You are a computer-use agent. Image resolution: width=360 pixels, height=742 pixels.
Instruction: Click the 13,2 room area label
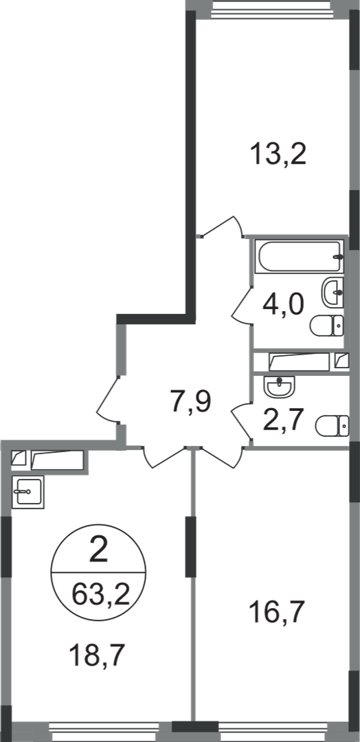click(279, 155)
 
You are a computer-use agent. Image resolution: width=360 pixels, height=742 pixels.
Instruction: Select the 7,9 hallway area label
click(191, 402)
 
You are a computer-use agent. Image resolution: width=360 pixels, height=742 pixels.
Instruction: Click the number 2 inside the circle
click(98, 552)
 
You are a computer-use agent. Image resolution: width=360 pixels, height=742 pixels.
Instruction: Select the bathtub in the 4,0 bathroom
click(300, 256)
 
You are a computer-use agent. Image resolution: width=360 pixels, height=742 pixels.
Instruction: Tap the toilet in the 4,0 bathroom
click(327, 326)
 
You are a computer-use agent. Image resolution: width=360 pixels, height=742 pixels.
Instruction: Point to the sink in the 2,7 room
click(279, 387)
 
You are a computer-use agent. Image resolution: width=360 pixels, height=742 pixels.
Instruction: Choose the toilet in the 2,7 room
click(332, 425)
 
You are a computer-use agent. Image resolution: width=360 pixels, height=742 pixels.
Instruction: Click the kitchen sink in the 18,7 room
click(28, 492)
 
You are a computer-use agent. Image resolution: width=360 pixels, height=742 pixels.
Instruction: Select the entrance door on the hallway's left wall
click(109, 401)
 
